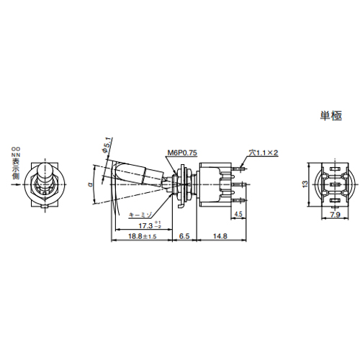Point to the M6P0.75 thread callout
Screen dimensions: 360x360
click(x=181, y=153)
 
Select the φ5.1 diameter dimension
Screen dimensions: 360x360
click(x=109, y=148)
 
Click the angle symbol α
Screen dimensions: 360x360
click(x=88, y=184)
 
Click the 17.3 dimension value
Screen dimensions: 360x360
click(x=140, y=225)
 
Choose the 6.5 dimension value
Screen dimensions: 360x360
click(x=184, y=235)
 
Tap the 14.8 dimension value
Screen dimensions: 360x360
click(x=220, y=235)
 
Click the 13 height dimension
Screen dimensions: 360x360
click(x=304, y=184)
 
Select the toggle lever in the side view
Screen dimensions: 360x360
click(x=137, y=174)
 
